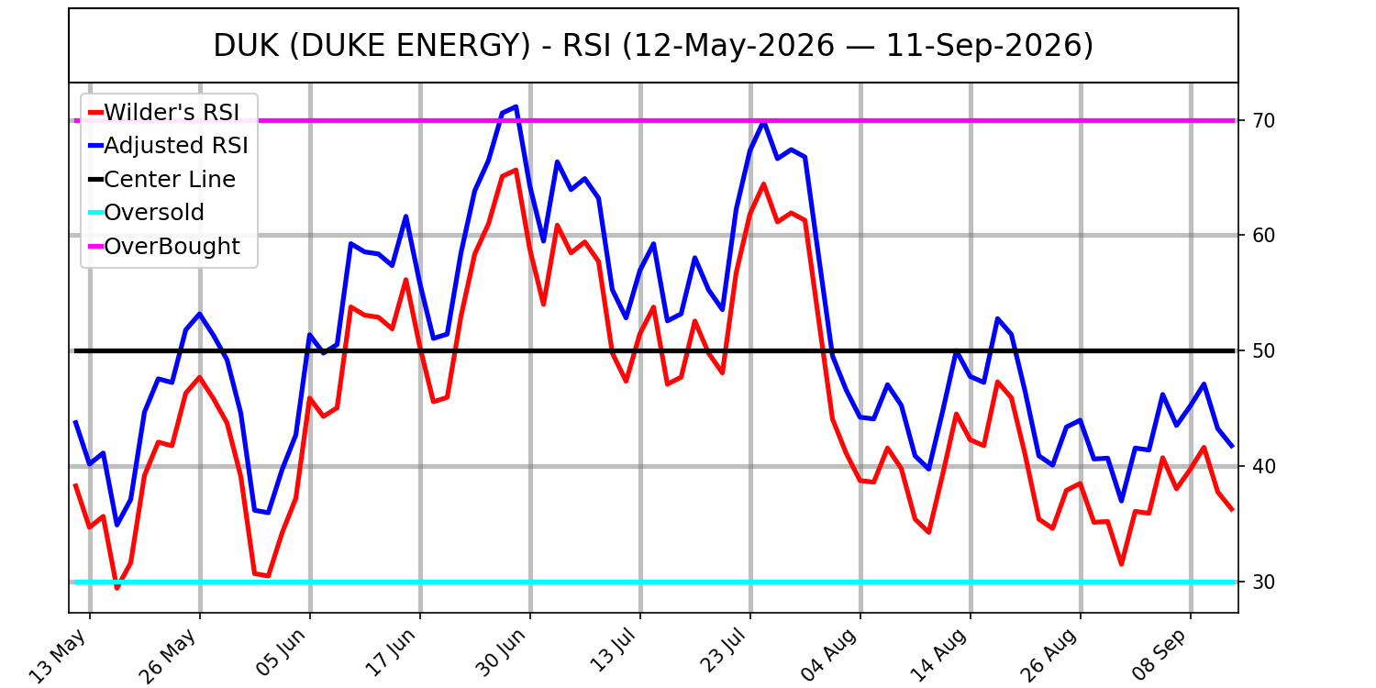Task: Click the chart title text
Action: (x=653, y=46)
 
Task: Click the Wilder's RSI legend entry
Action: (x=164, y=113)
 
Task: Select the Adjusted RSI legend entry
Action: (x=169, y=146)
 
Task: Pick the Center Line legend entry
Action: (x=162, y=180)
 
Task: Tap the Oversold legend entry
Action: (x=147, y=213)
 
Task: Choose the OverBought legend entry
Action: (x=164, y=247)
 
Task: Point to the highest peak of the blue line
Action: (x=516, y=107)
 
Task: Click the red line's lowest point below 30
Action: (x=117, y=589)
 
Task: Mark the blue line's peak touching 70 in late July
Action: (x=763, y=121)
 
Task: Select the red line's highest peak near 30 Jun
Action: (x=516, y=170)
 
